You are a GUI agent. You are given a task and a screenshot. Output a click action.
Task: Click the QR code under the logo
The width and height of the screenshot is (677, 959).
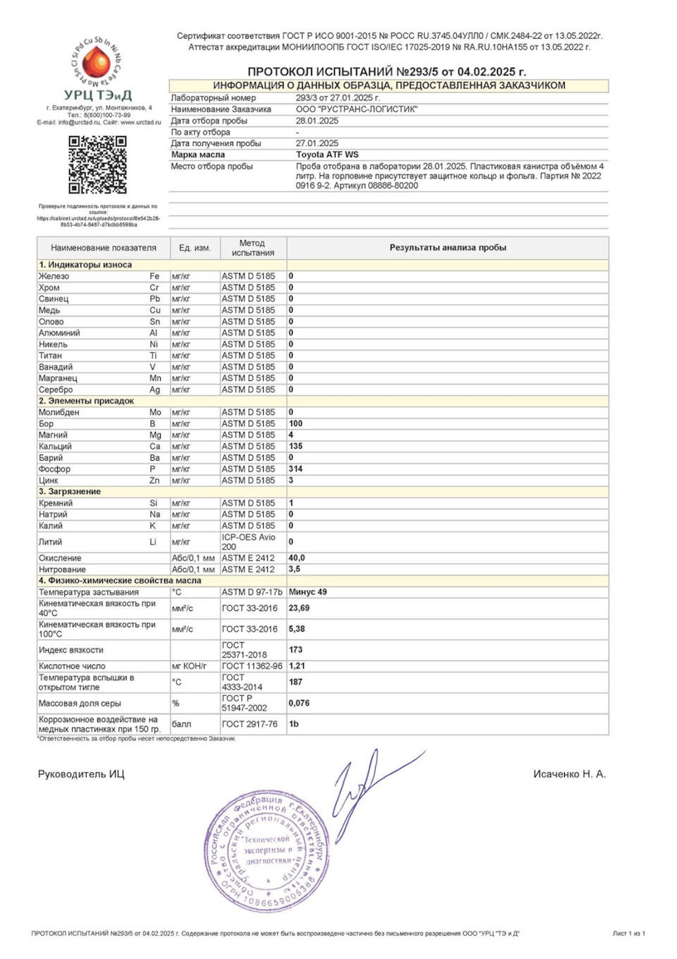[97, 164]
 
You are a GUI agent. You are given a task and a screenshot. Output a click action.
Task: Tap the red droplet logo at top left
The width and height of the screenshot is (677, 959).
[97, 64]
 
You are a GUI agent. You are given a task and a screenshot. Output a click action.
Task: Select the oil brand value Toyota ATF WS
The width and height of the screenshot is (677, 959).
[327, 155]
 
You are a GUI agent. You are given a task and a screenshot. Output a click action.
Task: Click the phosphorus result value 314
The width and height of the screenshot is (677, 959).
[295, 469]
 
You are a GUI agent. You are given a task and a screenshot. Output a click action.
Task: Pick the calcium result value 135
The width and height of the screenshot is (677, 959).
[295, 446]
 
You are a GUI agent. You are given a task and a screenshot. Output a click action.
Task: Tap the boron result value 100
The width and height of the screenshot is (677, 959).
[295, 423]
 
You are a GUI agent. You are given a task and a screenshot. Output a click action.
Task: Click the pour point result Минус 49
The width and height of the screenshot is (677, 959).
[307, 592]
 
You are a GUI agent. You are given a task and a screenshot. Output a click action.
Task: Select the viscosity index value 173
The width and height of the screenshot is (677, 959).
[295, 650]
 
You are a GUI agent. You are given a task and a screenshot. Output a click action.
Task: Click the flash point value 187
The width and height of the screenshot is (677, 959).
[295, 682]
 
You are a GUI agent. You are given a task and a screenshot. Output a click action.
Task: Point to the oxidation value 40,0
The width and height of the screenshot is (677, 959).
[296, 557]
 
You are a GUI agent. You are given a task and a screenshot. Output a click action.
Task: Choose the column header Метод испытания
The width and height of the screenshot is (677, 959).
[252, 248]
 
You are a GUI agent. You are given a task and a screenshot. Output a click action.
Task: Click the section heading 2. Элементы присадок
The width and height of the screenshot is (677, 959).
[86, 401]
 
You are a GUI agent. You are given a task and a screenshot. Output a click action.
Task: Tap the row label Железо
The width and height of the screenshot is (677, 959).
[54, 276]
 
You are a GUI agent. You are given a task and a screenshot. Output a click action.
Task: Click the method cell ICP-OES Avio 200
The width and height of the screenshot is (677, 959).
[248, 542]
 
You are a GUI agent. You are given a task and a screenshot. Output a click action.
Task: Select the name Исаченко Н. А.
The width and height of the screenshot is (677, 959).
[569, 774]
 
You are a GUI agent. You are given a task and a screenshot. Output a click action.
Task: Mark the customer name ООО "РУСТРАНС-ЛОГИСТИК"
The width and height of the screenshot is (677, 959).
[356, 109]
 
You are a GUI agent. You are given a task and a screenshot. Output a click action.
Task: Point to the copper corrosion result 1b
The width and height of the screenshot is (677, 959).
[293, 723]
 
